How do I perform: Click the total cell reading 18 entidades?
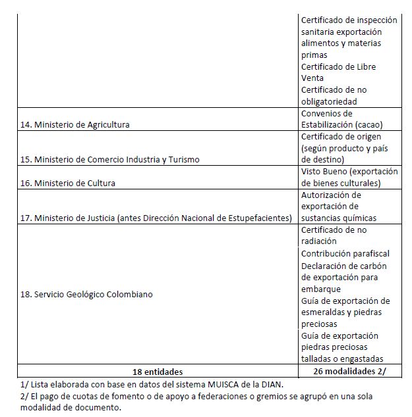click(157, 372)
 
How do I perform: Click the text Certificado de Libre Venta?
click(339, 72)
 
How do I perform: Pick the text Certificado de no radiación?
click(334, 235)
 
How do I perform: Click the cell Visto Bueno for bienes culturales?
click(349, 177)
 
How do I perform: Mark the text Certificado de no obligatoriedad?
click(334, 95)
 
